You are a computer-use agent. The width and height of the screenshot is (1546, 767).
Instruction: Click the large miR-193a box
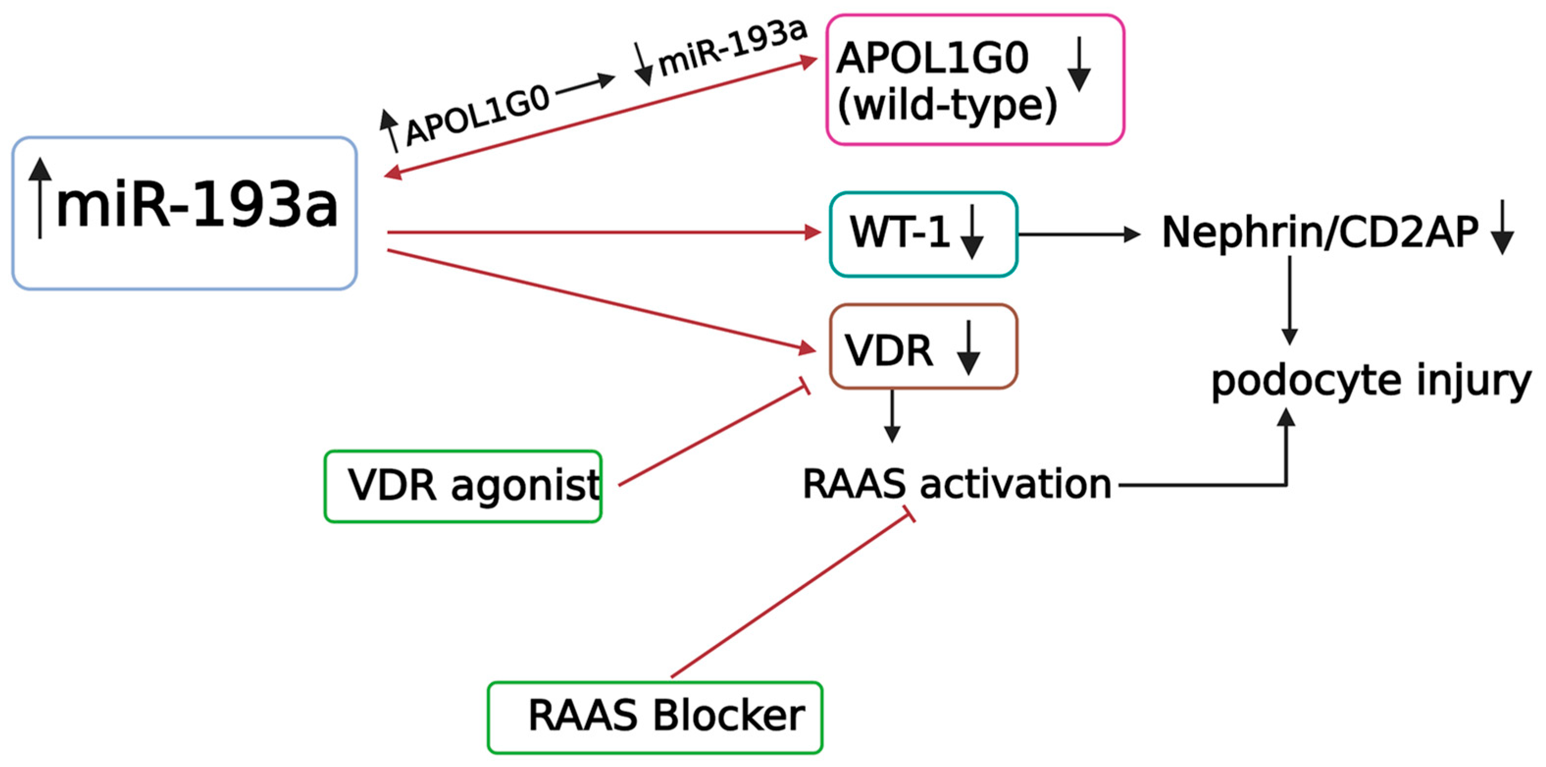coord(184,213)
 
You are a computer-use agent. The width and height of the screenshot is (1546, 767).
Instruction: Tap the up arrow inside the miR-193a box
coord(40,198)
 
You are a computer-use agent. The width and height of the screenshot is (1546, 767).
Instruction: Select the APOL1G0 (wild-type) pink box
coord(975,80)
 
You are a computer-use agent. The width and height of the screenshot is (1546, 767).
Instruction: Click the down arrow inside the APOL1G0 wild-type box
coord(1079,65)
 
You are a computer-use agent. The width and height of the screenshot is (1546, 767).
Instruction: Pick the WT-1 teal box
coord(923,234)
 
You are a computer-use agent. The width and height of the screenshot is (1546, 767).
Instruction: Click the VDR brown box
coord(923,347)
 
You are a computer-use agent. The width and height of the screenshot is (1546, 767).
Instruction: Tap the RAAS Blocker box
coord(655,716)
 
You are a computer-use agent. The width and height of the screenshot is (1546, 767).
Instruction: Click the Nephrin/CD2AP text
coord(1320,233)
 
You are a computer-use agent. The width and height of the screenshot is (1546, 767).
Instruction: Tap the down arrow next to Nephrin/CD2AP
coord(1503,228)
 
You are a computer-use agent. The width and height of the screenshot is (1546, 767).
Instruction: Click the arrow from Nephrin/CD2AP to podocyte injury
coord(1289,300)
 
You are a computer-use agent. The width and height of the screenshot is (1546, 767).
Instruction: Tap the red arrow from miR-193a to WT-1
coord(600,232)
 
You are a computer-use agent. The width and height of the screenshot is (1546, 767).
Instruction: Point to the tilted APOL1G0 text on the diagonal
coord(477,116)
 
